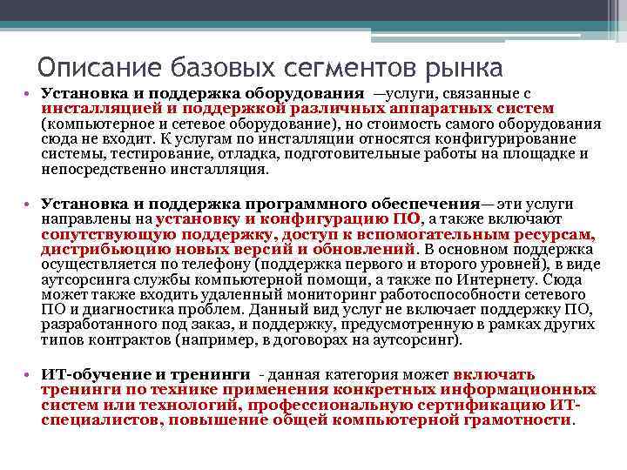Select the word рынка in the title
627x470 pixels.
pos(460,66)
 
